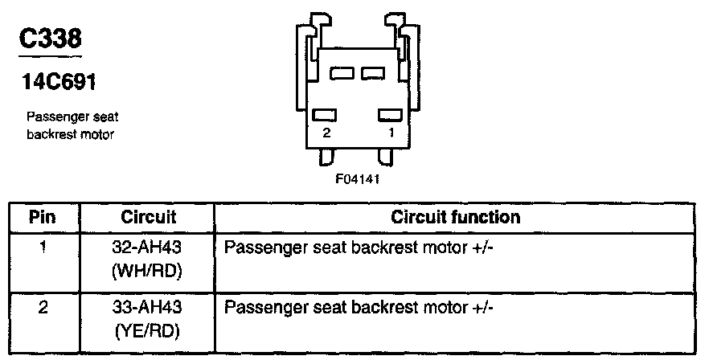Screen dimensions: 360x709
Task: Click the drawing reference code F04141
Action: pyautogui.click(x=356, y=180)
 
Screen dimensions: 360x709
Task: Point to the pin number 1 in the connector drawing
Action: pyautogui.click(x=391, y=134)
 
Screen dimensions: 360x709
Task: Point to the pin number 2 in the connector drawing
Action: pyautogui.click(x=326, y=134)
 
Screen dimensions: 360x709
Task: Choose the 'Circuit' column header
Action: pyautogui.click(x=148, y=217)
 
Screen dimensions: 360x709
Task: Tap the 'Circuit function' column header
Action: pyautogui.click(x=455, y=217)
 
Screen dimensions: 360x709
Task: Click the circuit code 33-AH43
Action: pyautogui.click(x=148, y=308)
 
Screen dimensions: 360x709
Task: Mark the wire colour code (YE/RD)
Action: pyautogui.click(x=148, y=330)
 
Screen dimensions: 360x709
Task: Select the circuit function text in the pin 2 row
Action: pyautogui.click(x=359, y=308)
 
